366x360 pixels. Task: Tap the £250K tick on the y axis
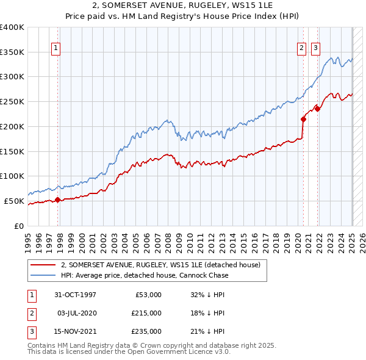pos(12,102)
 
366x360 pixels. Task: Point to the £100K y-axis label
pos(12,176)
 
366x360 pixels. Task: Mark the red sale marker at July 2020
pos(303,119)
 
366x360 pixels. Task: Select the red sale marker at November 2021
pos(318,109)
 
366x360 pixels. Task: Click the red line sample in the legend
pos(43,265)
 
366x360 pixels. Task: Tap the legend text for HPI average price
pos(145,275)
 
